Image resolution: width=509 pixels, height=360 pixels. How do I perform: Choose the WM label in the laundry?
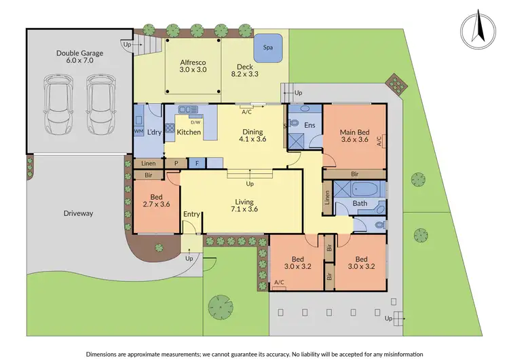tap(139, 131)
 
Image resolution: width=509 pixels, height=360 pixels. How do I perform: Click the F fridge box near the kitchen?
tap(196, 163)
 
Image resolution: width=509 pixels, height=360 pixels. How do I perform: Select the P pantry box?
tap(176, 163)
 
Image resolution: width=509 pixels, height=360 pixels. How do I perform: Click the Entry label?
tap(191, 215)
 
